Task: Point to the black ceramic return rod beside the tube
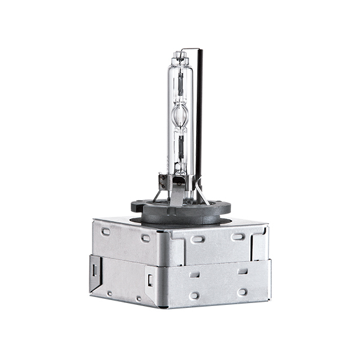(x=199, y=114)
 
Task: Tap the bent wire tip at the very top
(x=191, y=50)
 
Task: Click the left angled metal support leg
(x=157, y=193)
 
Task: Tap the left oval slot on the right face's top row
(x=199, y=239)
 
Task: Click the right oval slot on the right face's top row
(x=238, y=236)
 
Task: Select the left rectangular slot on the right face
(x=194, y=274)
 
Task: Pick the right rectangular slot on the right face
(x=242, y=271)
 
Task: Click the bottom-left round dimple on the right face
(x=194, y=295)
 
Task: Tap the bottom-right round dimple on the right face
(x=242, y=292)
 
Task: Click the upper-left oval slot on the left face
(x=106, y=232)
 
